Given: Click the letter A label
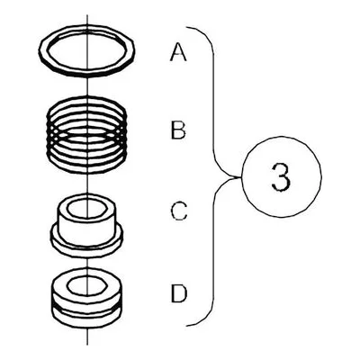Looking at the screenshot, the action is coord(178,51).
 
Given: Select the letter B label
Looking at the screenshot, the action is coord(178,130).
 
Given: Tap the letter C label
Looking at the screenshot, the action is coord(179,211).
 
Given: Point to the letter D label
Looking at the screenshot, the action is coord(179,293).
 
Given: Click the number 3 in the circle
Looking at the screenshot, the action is coord(281,176).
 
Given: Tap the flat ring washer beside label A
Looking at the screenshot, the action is coord(86,72).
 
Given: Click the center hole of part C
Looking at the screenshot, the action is coord(86,209).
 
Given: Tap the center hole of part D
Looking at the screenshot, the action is coord(86,285).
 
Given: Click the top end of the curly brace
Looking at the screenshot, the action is coord(186,28).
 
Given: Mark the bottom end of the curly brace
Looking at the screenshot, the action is coord(186,326).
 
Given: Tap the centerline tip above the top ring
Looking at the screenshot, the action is coord(87,14).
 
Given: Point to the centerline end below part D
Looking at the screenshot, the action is coord(87,345).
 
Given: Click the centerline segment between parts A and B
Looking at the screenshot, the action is coord(87,86).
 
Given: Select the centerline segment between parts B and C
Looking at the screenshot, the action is coord(87,184).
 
